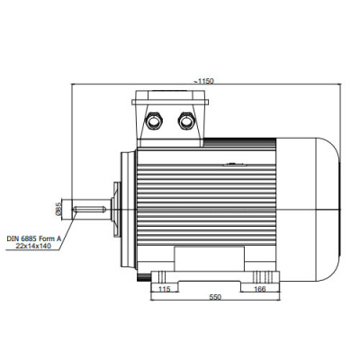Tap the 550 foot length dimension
[215, 297]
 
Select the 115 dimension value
[164, 289]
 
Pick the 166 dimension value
[260, 289]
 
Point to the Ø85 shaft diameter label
[58, 209]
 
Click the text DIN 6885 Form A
[34, 239]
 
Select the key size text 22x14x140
[33, 246]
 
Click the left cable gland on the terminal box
[154, 121]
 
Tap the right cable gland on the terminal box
[186, 121]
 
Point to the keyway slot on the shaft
[89, 209]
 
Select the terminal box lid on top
[170, 97]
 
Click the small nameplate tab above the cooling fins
[235, 164]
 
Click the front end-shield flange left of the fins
[129, 210]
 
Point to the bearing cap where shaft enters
[116, 209]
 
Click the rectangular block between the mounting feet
[210, 258]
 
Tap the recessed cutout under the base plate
[210, 286]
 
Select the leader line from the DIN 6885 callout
[66, 230]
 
